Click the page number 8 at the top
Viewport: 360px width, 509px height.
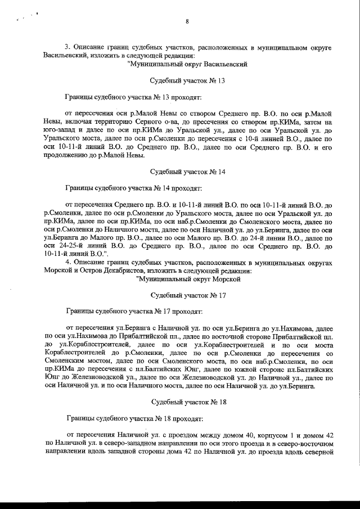point(186,22)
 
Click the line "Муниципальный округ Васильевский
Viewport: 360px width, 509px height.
point(188,64)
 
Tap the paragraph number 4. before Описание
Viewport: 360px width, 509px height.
point(68,262)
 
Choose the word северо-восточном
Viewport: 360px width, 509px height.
point(305,445)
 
